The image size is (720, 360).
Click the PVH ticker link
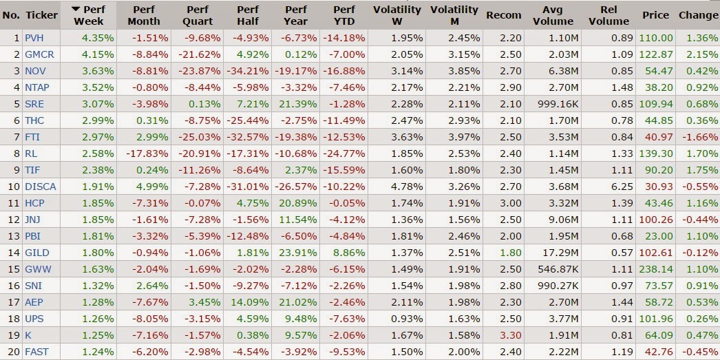click(x=34, y=38)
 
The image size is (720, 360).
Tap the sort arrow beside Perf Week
click(x=76, y=10)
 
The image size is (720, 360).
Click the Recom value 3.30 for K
click(x=511, y=336)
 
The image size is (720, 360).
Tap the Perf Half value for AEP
click(x=249, y=303)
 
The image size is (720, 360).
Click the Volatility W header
click(x=396, y=15)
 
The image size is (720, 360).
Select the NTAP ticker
click(x=37, y=87)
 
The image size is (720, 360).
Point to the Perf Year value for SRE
click(x=297, y=104)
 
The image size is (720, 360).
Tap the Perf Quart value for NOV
click(x=196, y=71)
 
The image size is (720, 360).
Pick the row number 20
click(x=14, y=352)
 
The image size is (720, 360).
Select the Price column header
click(x=656, y=15)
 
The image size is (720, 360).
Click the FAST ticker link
click(x=36, y=352)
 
